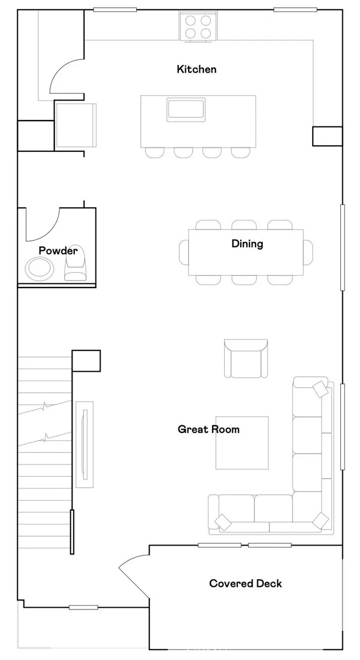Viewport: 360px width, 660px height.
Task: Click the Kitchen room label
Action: [x=197, y=69]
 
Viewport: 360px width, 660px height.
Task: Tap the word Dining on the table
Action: [x=247, y=244]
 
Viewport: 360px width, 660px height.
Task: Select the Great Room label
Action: [x=209, y=430]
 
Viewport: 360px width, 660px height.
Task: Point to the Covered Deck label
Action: [x=246, y=584]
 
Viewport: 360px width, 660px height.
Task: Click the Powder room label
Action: [x=58, y=251]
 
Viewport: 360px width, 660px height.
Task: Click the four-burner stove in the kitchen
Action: [x=198, y=26]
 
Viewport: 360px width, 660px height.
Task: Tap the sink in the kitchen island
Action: [x=186, y=109]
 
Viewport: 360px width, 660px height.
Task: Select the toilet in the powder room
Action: [x=76, y=263]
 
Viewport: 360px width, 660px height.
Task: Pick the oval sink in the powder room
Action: [x=40, y=268]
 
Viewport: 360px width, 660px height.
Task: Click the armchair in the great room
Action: [x=246, y=359]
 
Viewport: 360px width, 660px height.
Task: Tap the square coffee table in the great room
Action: [x=242, y=443]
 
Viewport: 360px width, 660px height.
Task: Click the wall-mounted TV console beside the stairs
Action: [x=85, y=444]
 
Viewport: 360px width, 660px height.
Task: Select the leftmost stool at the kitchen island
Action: [x=154, y=153]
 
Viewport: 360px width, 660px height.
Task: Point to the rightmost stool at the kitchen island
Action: [x=241, y=153]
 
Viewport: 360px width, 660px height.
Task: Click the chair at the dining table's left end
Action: [x=184, y=252]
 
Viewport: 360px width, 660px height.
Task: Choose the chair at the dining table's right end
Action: [x=308, y=252]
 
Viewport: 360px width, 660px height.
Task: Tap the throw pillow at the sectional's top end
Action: [x=320, y=389]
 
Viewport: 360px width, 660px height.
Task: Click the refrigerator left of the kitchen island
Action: [x=76, y=125]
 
